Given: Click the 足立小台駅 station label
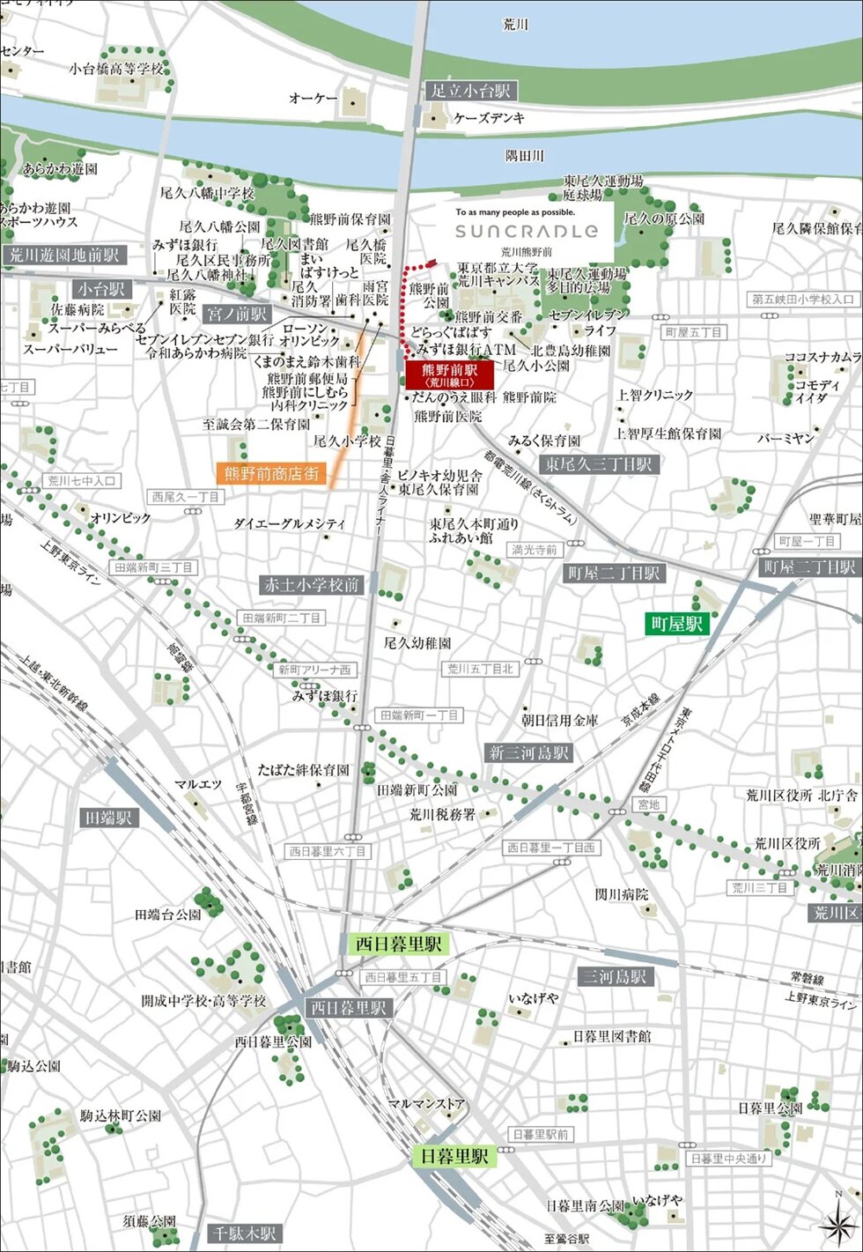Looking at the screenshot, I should coord(470,90).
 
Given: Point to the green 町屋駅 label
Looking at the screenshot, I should coord(676,624).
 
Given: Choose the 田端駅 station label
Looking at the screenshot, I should coord(108,818).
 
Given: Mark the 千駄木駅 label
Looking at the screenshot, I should coord(243,1233).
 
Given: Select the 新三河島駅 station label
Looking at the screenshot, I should coord(528,752).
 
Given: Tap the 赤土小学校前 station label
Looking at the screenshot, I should coord(313,584).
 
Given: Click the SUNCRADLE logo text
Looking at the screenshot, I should coord(527,232).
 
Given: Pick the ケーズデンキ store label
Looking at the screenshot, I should coord(489,118).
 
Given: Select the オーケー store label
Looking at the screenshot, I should coord(313,99).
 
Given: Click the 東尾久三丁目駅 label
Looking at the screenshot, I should coord(599,463).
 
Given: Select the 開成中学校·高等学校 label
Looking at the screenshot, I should coord(203,1001).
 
